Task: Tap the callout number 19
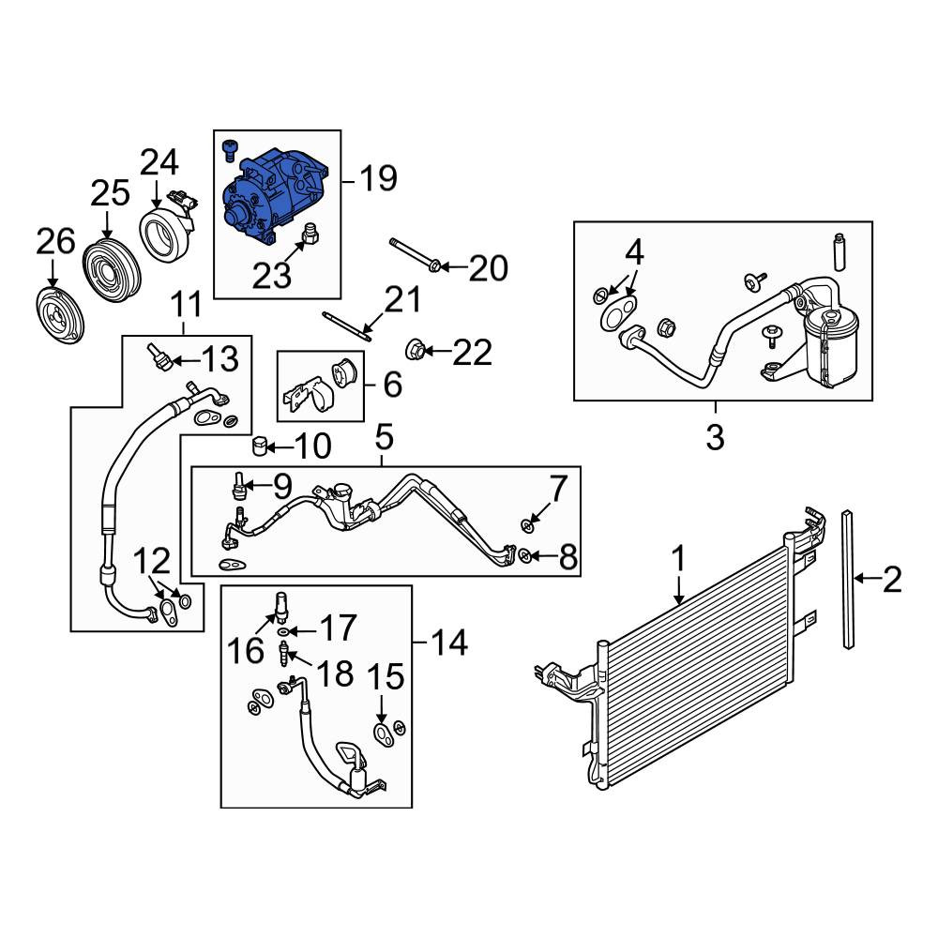(x=378, y=177)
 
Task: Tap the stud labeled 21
(x=347, y=325)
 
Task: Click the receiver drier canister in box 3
(x=831, y=347)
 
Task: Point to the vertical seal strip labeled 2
(x=848, y=579)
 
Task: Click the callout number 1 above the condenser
(x=678, y=559)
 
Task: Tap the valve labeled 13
(x=161, y=356)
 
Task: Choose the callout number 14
(x=449, y=643)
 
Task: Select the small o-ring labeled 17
(x=282, y=631)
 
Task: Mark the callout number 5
(x=384, y=438)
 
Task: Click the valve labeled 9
(x=239, y=485)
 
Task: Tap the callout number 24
(x=159, y=162)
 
